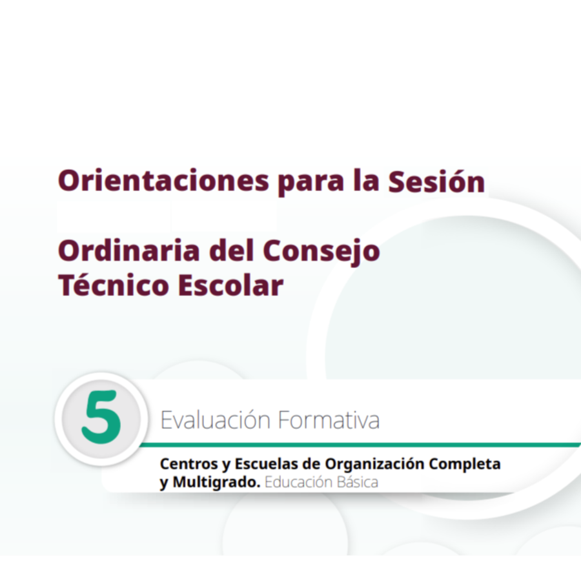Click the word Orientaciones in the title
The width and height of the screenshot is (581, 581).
coord(163,181)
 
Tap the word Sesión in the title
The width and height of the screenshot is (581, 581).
coord(436,181)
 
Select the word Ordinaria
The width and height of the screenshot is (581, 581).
coord(129,250)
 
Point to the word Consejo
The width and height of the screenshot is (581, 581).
coord(321,252)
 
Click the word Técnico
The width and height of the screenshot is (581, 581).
coord(114,285)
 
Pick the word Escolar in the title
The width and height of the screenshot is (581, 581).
coord(230,285)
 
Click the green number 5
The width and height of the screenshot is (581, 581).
coord(101,417)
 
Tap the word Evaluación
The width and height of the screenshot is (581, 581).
coord(215,420)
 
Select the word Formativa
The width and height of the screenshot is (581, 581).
coord(329,420)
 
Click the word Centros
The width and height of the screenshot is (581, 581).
coord(189,464)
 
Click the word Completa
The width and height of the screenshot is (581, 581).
coord(465,464)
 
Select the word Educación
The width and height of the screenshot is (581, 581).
coord(298,482)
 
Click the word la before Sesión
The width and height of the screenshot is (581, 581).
coord(366,181)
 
